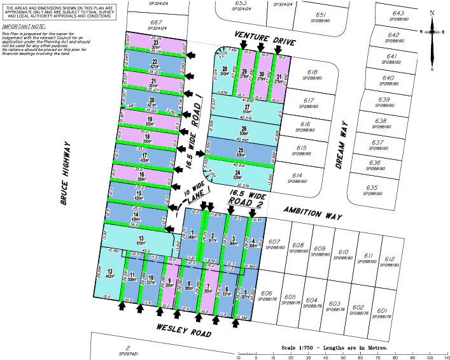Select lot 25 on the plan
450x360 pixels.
coord(241,152)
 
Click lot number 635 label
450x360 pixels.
coord(372,188)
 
